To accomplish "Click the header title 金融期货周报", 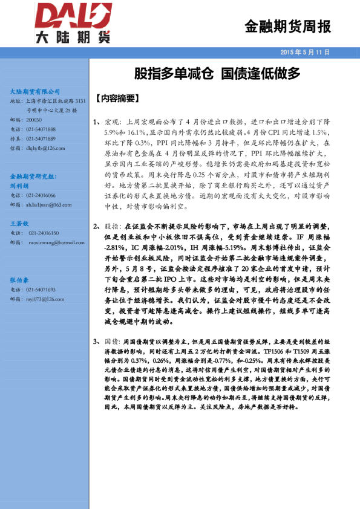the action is (287, 27).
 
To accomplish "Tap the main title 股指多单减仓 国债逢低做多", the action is (217, 74).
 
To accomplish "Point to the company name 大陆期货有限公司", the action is (36, 91).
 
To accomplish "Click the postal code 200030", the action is (34, 120).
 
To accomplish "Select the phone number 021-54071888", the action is (41, 129).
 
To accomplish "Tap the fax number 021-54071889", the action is (41, 138).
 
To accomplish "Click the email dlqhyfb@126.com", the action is (45, 147).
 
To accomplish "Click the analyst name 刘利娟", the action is (21, 186).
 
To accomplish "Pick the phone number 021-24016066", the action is (41, 195).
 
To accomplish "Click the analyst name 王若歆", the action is (21, 224).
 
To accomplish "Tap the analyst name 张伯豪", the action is (21, 280).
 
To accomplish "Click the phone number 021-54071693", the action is (41, 290).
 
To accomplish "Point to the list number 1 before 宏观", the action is (96, 122).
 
